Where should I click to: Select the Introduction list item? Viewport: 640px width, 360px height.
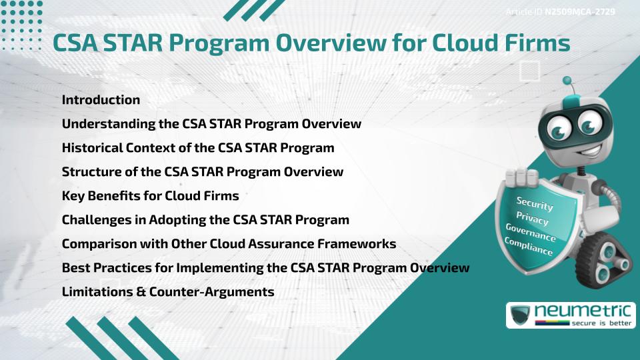[101, 100]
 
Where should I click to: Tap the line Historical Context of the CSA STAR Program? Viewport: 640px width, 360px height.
[198, 147]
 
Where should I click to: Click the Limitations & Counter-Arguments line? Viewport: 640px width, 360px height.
[168, 291]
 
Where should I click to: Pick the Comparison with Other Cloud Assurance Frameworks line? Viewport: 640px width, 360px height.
[229, 243]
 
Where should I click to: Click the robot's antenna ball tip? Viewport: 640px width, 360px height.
[567, 81]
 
